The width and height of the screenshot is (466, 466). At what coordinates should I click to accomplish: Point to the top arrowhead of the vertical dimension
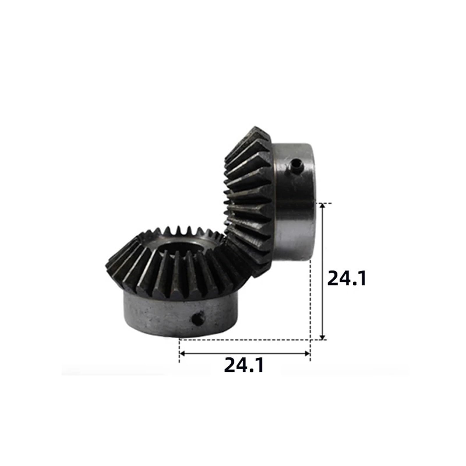(322, 206)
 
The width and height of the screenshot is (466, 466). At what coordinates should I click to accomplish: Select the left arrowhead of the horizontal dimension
(182, 353)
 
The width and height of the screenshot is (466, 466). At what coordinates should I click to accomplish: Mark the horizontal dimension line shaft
(245, 353)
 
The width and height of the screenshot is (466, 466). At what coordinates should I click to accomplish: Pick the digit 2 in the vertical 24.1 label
(334, 278)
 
